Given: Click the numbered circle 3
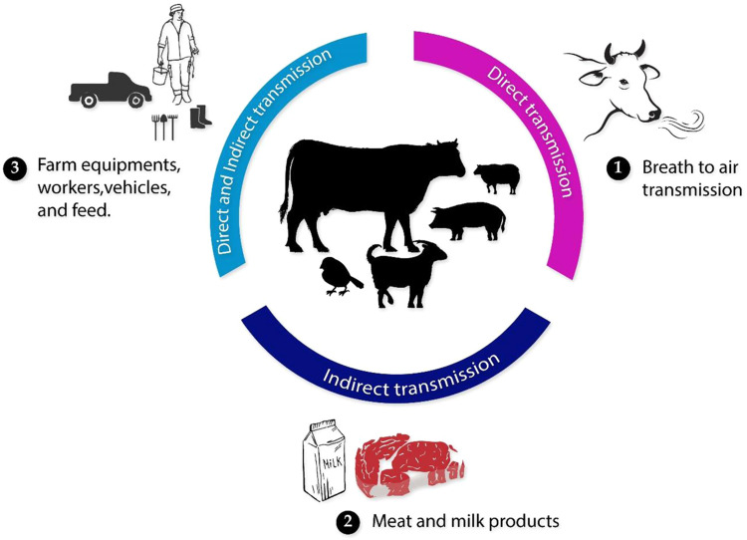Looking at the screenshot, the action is coord(15,168).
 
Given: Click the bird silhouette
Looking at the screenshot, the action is coord(339,273).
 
